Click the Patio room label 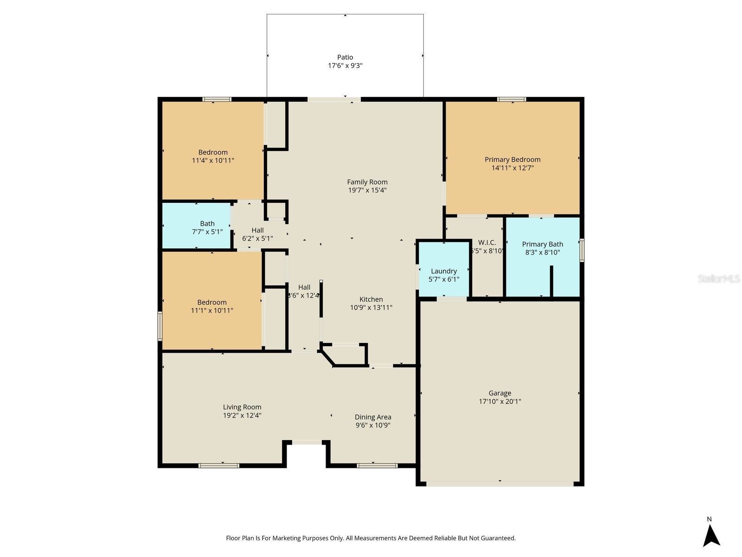tap(345, 58)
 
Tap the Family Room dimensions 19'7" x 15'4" tap(367, 190)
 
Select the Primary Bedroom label tap(512, 160)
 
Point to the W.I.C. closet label tap(487, 243)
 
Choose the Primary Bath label tap(542, 244)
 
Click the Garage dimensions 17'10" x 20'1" tap(500, 402)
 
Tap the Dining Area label tap(373, 417)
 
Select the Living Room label tap(242, 407)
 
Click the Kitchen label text tap(371, 299)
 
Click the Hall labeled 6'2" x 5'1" tap(257, 234)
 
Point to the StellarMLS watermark tap(719, 278)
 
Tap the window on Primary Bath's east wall tap(582, 250)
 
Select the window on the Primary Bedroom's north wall tap(512, 99)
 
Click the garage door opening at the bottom tap(500, 484)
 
